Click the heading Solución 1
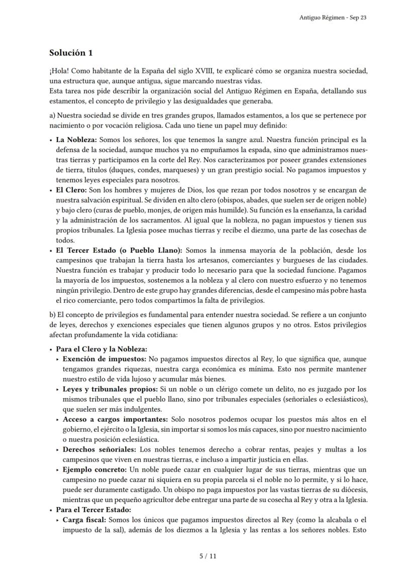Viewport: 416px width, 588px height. (71, 53)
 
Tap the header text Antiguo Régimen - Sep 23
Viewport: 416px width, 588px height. (333, 17)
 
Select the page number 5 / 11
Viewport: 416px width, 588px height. (207, 556)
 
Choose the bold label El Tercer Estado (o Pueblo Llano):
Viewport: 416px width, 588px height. (120, 250)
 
